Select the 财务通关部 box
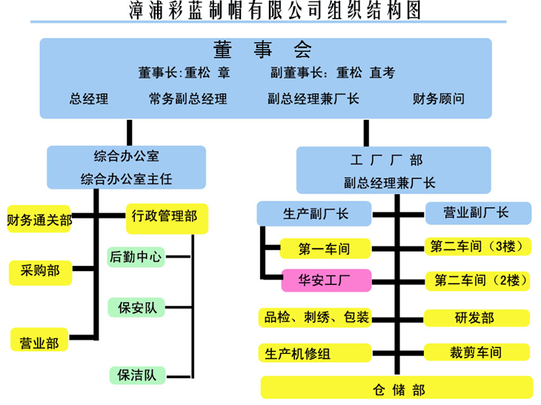[x=39, y=219]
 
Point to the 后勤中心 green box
[x=136, y=257]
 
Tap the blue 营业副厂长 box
[x=477, y=213]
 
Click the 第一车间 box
[x=325, y=249]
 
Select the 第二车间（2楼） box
[x=478, y=281]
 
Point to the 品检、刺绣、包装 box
[x=315, y=318]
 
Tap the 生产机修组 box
[x=315, y=353]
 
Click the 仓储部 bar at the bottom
[x=396, y=387]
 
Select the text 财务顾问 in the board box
[x=439, y=98]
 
